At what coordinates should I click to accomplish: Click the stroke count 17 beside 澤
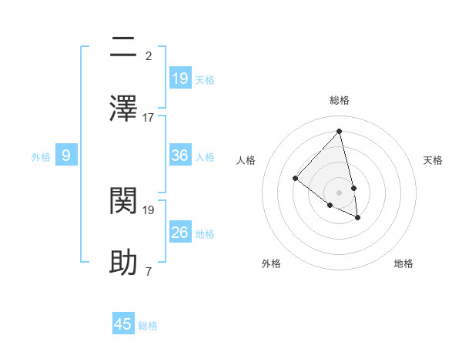[149, 117]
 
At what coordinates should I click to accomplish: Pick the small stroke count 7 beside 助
[149, 271]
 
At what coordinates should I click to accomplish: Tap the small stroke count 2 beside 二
[149, 56]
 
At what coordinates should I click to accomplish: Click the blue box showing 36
[180, 156]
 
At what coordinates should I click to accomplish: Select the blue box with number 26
[180, 233]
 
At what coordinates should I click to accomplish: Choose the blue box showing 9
[66, 156]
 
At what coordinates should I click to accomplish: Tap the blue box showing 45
[123, 324]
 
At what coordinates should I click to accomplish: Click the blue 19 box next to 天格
[180, 79]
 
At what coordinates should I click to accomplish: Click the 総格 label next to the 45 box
[148, 326]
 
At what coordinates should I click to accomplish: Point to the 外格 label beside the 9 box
[41, 157]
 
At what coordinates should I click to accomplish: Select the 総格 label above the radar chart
[340, 100]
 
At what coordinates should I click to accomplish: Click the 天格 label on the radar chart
[433, 160]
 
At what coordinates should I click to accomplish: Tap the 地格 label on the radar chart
[403, 263]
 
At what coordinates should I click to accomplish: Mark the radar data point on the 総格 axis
[340, 132]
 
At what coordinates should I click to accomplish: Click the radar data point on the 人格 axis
[295, 179]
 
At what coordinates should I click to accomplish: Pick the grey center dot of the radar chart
[340, 193]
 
